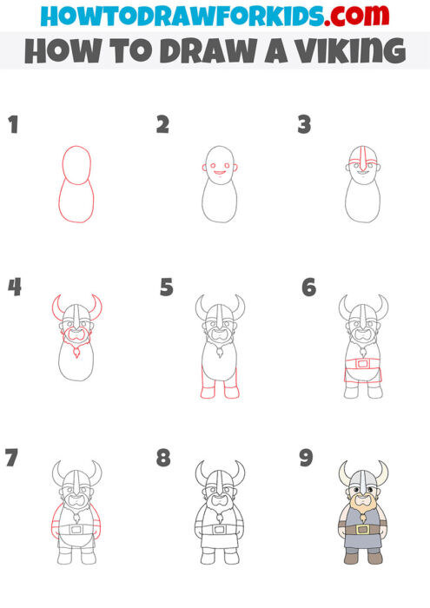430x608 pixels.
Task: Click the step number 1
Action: point(13,126)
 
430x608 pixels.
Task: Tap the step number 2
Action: point(162,126)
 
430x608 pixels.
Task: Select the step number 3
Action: point(304,126)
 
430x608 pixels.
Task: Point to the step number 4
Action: point(14,287)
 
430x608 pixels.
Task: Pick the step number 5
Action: point(167,287)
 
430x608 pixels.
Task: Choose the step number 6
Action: point(308,287)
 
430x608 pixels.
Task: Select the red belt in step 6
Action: point(363,362)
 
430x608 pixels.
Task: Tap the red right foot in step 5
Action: point(231,392)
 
